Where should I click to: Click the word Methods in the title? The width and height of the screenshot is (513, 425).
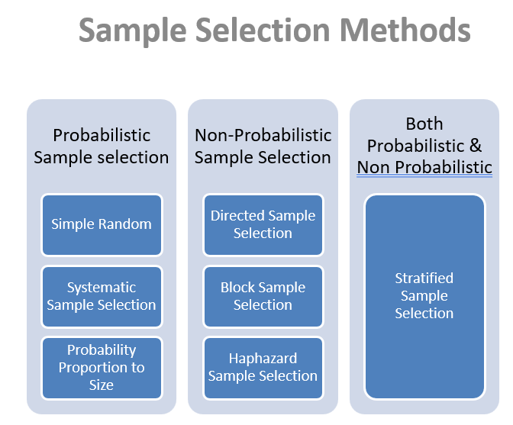(405, 30)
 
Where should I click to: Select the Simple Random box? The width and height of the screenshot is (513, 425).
(102, 225)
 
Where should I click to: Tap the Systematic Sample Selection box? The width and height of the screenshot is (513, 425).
(102, 297)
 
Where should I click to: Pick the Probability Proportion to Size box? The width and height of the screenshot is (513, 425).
(102, 368)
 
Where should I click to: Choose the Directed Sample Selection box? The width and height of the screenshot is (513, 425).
(263, 225)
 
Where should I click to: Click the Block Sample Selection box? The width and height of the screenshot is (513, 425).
(263, 297)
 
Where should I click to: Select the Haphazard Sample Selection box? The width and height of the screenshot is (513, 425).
(263, 368)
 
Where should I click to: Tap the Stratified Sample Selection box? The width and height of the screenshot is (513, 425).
(424, 297)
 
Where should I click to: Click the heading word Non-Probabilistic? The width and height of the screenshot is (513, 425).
(263, 135)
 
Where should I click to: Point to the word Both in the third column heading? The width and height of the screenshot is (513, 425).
(424, 124)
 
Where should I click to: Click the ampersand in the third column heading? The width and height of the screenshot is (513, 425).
(476, 146)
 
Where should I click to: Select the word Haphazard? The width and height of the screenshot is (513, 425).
(263, 359)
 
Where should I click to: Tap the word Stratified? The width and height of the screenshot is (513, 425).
(424, 279)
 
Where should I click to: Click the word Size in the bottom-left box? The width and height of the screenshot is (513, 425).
(102, 385)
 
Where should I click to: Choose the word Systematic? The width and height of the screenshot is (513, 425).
(102, 288)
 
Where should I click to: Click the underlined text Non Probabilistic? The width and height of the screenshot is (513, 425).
(424, 167)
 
